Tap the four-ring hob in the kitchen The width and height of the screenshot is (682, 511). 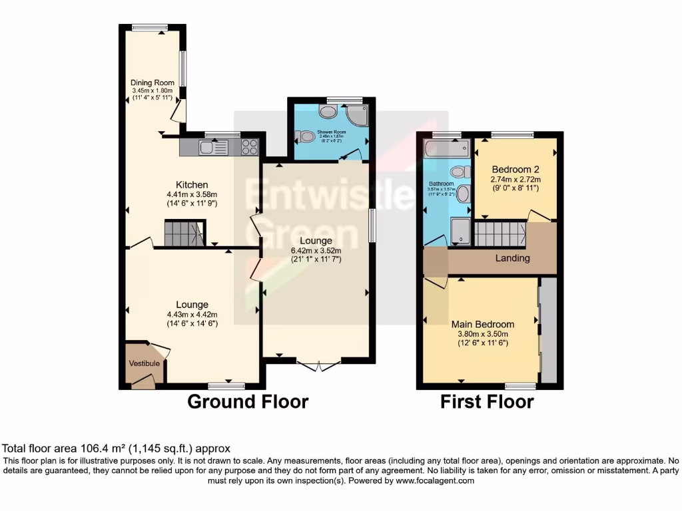(250, 146)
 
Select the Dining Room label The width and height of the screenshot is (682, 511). (152, 83)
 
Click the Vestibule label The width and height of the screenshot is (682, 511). (144, 363)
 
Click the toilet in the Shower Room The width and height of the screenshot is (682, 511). (306, 136)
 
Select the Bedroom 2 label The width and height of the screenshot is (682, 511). (516, 168)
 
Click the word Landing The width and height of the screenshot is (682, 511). (513, 258)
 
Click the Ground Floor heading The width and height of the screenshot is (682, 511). (248, 402)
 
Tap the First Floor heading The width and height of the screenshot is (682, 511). (487, 402)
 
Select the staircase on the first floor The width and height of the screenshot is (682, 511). (500, 234)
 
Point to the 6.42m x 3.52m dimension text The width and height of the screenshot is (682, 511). (316, 250)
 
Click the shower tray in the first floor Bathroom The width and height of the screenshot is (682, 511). (460, 231)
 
